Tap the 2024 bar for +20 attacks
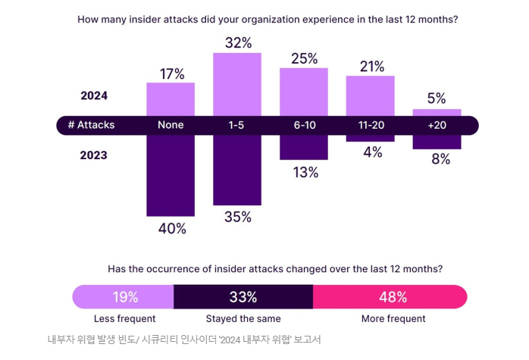(x=437, y=112)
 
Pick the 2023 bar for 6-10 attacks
(x=304, y=147)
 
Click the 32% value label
(x=238, y=43)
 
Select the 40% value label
(x=171, y=228)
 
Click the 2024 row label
(x=94, y=95)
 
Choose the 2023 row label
(x=94, y=155)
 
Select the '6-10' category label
(x=304, y=125)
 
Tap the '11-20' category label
(x=371, y=125)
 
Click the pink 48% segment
(x=390, y=297)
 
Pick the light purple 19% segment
(x=124, y=297)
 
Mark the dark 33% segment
(x=243, y=297)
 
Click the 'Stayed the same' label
(x=243, y=319)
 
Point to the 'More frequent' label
(x=393, y=319)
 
